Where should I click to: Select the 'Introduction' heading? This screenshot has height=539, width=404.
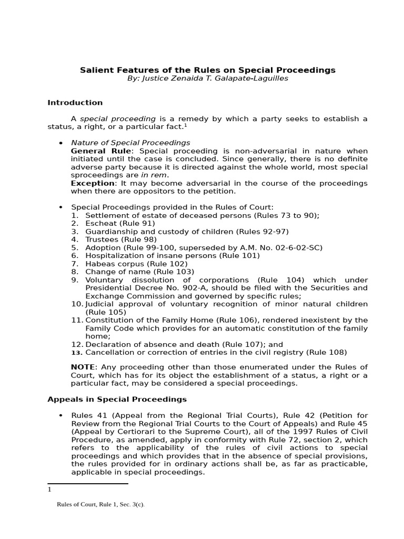click(75, 103)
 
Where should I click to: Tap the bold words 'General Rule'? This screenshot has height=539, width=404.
click(102, 151)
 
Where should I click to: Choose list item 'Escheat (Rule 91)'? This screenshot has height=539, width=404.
click(113, 224)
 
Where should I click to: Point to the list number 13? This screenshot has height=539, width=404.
click(76, 353)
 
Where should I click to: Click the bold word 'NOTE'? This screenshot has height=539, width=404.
click(83, 367)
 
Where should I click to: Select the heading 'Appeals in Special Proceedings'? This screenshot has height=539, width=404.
click(117, 400)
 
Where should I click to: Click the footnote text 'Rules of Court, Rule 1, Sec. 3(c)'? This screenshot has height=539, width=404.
click(100, 504)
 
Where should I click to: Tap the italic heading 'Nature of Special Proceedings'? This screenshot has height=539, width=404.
click(130, 143)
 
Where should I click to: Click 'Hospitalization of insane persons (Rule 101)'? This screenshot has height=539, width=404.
click(173, 256)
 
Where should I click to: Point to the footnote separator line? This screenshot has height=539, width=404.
click(87, 483)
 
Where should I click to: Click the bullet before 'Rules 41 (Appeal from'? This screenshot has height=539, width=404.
click(60, 415)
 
